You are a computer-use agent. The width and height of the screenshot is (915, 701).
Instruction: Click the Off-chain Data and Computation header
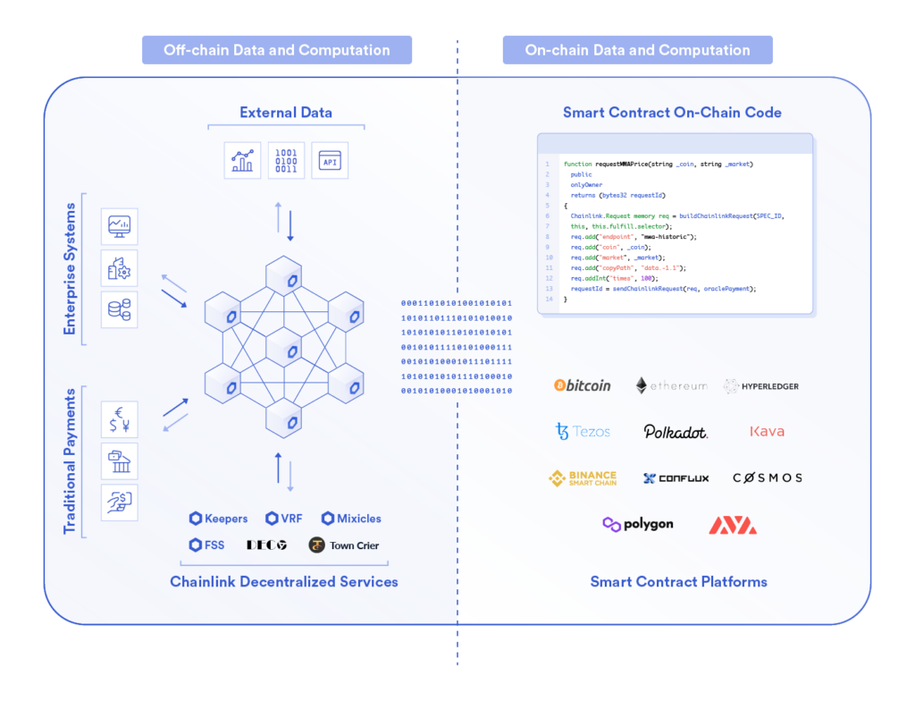(277, 50)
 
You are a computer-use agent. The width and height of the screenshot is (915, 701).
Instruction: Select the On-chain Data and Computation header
(637, 50)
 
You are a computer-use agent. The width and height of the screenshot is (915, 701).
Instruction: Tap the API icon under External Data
(330, 161)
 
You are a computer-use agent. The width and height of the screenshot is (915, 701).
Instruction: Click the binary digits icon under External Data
(286, 161)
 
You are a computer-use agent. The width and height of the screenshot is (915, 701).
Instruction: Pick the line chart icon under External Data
(242, 161)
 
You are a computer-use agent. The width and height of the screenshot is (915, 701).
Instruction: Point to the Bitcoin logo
(583, 385)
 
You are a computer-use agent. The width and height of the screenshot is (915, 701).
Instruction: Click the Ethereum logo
(671, 385)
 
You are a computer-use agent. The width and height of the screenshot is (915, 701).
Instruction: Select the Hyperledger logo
(761, 386)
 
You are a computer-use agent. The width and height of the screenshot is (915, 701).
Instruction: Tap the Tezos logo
(583, 431)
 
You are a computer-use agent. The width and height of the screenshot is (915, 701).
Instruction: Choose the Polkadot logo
(676, 432)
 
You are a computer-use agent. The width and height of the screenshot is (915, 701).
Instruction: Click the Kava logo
(767, 431)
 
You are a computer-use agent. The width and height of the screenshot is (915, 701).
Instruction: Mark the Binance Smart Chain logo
(583, 478)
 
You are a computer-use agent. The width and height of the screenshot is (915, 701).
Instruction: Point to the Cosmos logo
(767, 478)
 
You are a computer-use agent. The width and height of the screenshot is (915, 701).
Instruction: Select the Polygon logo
(637, 524)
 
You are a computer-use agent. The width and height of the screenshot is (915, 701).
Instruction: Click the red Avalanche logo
(733, 525)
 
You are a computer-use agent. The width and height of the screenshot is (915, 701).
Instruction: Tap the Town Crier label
(344, 545)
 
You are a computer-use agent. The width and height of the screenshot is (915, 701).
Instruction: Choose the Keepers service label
(219, 519)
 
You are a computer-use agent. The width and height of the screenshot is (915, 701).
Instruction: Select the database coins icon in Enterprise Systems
(119, 309)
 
